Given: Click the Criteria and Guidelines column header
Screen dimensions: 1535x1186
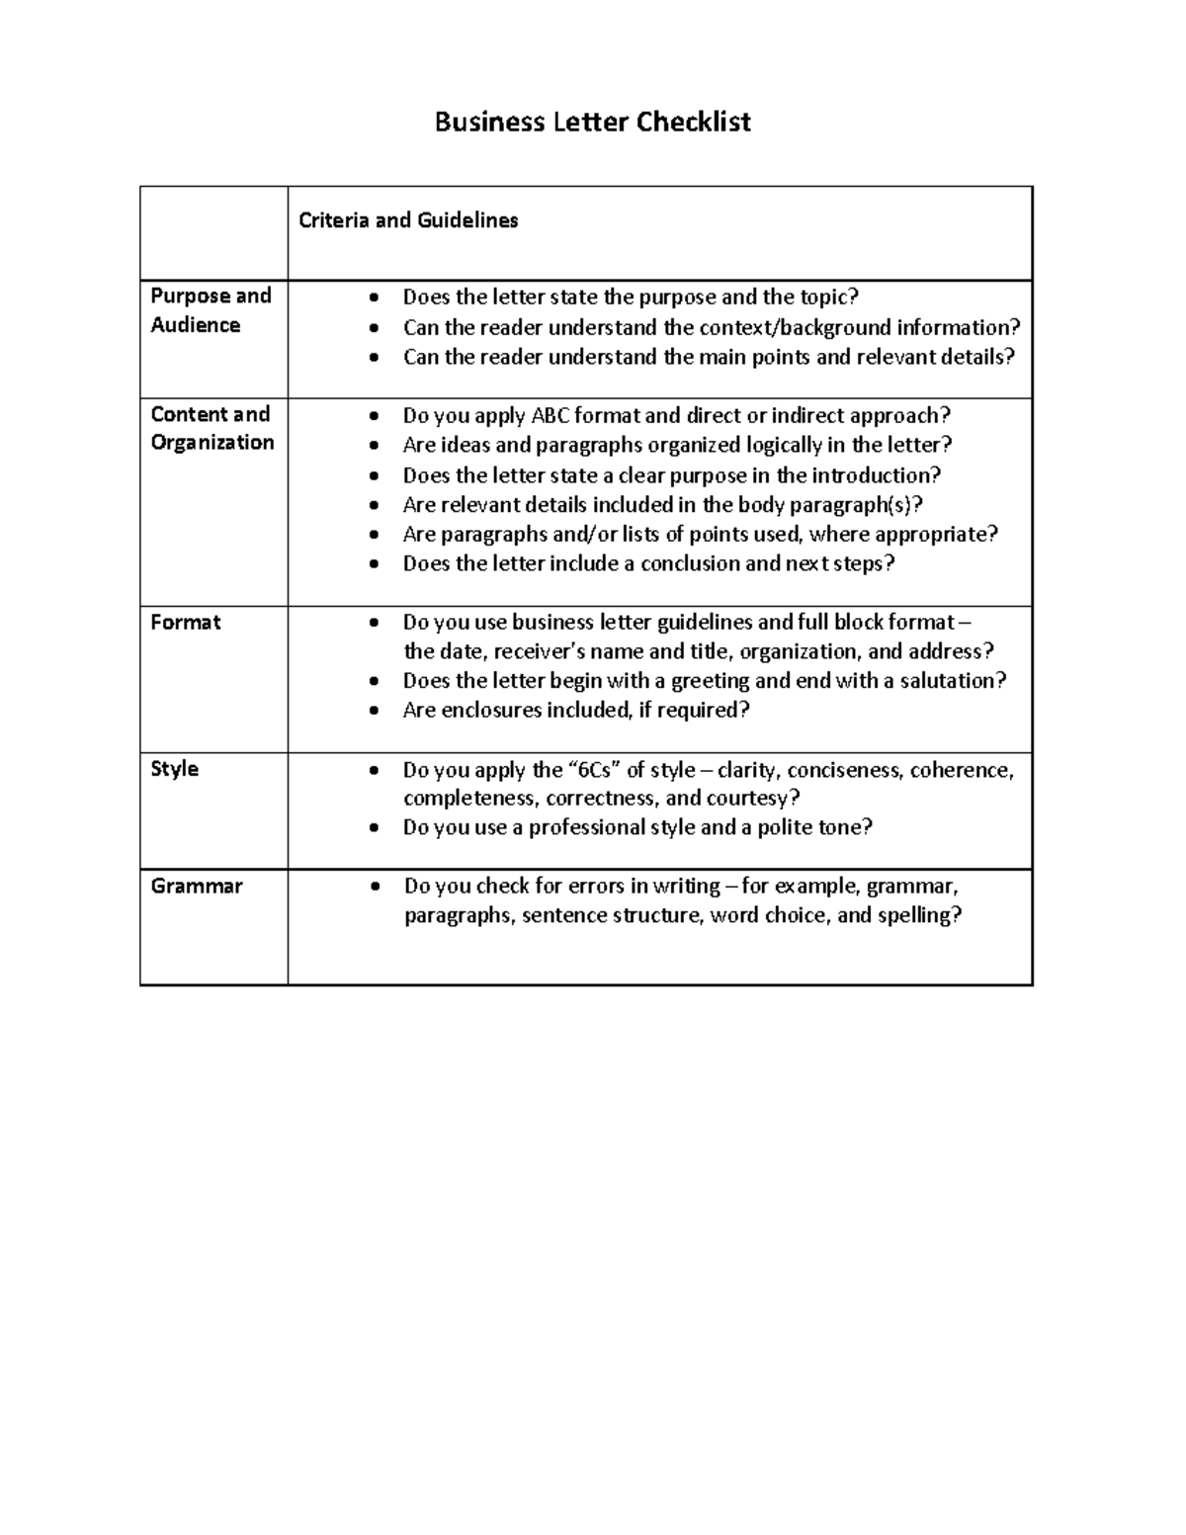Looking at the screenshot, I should [408, 220].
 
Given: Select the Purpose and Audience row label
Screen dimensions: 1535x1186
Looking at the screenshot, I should [211, 310].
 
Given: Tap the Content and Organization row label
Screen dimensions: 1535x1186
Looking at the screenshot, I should [212, 428].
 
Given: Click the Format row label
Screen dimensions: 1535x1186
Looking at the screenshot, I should [185, 623].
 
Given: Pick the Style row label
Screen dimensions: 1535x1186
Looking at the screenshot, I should [174, 769].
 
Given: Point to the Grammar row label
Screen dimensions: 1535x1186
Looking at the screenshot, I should [196, 887].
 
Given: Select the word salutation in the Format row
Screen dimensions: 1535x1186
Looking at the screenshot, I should [949, 681].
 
